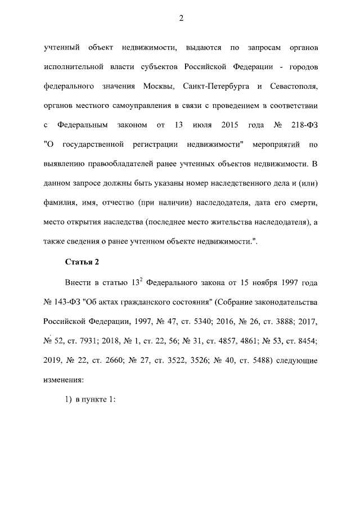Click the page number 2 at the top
point(181,18)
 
